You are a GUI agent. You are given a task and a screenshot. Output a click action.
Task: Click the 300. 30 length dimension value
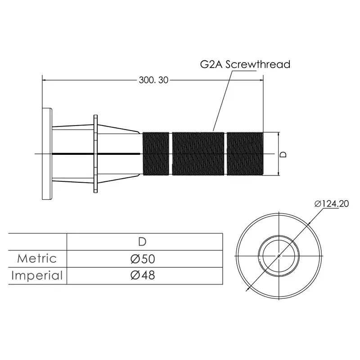tap(153, 80)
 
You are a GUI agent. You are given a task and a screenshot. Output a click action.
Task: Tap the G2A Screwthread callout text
tap(245, 64)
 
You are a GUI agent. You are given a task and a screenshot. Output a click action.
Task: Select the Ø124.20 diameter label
tap(332, 204)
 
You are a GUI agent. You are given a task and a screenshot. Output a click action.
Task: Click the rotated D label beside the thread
tap(284, 154)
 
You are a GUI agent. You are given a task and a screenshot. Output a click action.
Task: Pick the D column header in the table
tap(142, 242)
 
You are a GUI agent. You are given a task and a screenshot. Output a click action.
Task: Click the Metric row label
tap(37, 258)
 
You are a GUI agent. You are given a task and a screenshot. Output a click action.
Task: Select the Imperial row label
tap(37, 275)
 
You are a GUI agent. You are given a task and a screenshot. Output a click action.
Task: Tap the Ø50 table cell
tap(143, 259)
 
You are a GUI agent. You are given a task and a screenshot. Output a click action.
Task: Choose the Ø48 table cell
tap(143, 275)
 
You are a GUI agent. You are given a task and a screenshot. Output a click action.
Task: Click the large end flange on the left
tap(47, 153)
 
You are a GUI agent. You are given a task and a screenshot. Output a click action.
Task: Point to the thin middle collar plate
tap(95, 153)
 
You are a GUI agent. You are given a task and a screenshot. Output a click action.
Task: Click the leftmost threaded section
tap(156, 153)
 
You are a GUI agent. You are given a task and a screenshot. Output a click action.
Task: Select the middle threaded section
tap(198, 153)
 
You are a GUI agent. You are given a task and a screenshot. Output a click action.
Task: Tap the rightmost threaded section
tap(245, 153)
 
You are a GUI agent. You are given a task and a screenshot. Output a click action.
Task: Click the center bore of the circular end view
tap(279, 256)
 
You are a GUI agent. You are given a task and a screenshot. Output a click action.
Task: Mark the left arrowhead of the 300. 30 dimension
tap(45, 80)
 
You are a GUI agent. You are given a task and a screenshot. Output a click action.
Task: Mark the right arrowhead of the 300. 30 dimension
tap(261, 80)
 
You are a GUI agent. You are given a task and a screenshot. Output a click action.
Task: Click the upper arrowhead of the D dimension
tap(279, 134)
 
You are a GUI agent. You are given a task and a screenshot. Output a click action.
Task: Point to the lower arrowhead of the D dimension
tap(279, 173)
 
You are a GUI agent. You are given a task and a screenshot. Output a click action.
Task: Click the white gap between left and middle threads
tap(171, 153)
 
